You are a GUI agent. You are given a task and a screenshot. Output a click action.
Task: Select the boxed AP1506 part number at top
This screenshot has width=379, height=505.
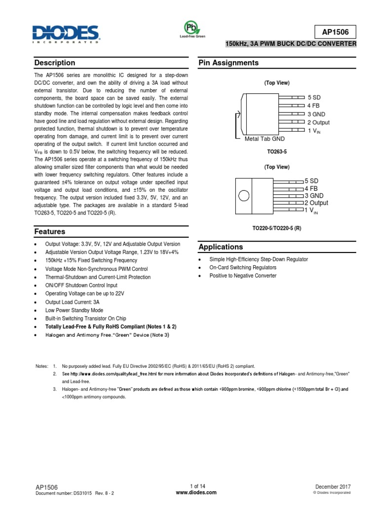point(335,32)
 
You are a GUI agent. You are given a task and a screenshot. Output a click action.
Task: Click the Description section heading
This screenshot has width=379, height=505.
point(55,63)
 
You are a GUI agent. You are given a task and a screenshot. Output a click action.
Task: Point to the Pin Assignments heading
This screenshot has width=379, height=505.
point(228,63)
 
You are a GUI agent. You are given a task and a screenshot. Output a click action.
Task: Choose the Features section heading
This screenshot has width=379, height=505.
point(50,231)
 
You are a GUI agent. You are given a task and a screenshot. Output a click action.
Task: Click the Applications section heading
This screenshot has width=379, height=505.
point(221,247)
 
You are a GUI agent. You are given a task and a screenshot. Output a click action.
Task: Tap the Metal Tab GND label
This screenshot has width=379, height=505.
point(265,139)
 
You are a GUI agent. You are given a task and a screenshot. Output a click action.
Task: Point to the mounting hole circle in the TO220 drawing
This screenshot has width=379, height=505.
point(244,196)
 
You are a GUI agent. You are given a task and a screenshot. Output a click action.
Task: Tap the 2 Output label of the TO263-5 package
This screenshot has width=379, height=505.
point(318,122)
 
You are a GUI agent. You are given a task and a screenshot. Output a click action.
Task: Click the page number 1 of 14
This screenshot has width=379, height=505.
point(197,486)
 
